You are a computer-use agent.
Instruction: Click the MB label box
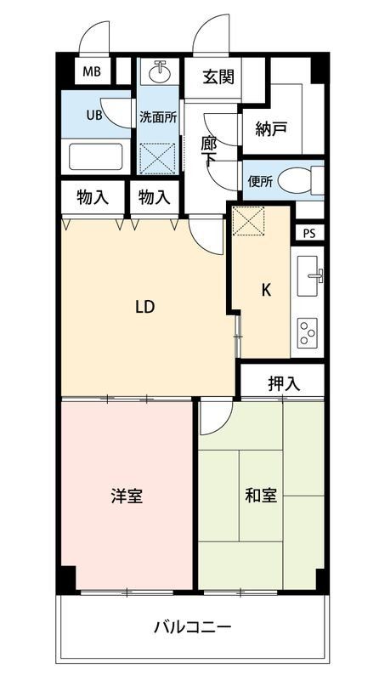(x=93, y=71)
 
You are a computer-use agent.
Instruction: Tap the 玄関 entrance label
(x=218, y=77)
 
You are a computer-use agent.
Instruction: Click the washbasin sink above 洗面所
(x=157, y=72)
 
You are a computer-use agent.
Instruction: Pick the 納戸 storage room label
(x=271, y=129)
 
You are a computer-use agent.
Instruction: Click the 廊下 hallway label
(x=209, y=153)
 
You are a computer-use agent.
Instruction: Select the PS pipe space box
(x=308, y=231)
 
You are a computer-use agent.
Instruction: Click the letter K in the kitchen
(x=265, y=290)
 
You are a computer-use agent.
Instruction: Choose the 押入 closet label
(x=284, y=383)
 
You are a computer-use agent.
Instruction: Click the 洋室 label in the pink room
(x=126, y=496)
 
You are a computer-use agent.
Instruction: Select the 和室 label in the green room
(x=261, y=496)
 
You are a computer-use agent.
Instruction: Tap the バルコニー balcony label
(x=192, y=628)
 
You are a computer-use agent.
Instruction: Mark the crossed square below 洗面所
(x=157, y=157)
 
